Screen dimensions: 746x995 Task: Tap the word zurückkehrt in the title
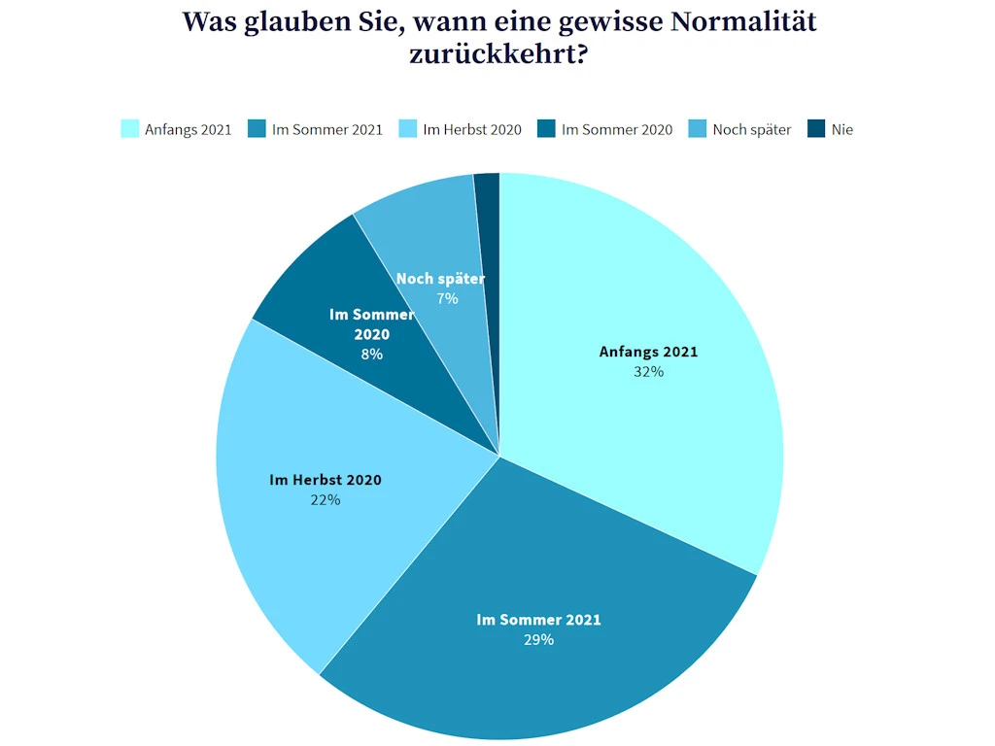coord(498,53)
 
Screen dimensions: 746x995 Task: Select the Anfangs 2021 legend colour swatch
coord(130,129)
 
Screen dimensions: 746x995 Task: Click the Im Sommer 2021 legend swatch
coord(257,129)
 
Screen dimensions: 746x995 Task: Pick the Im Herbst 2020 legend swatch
coord(409,129)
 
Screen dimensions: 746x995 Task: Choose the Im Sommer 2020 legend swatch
coord(546,129)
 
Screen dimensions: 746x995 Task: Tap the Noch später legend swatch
coord(698,129)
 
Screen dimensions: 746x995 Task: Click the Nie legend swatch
coord(816,129)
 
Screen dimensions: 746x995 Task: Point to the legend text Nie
coord(841,129)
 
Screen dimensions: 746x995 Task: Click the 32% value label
coord(648,371)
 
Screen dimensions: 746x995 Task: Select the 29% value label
coord(538,639)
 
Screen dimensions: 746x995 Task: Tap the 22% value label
coord(325,499)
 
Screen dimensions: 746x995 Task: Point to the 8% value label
coord(371,355)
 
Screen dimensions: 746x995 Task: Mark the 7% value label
coord(447,298)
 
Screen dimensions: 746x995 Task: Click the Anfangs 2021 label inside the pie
coord(648,352)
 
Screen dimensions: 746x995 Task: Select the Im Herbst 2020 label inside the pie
coord(325,480)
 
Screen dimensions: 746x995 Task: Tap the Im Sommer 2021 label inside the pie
coord(538,620)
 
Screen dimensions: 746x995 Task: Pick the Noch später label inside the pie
coord(440,279)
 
